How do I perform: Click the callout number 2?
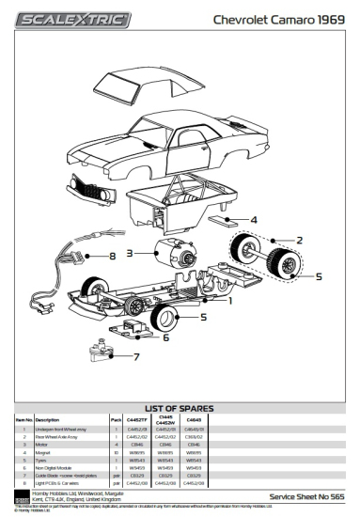(x=300, y=241)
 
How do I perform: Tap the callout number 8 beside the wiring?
(x=111, y=254)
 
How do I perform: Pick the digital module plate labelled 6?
(x=123, y=328)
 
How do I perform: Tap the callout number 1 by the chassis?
(x=229, y=301)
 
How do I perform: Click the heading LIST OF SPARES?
(x=180, y=408)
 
